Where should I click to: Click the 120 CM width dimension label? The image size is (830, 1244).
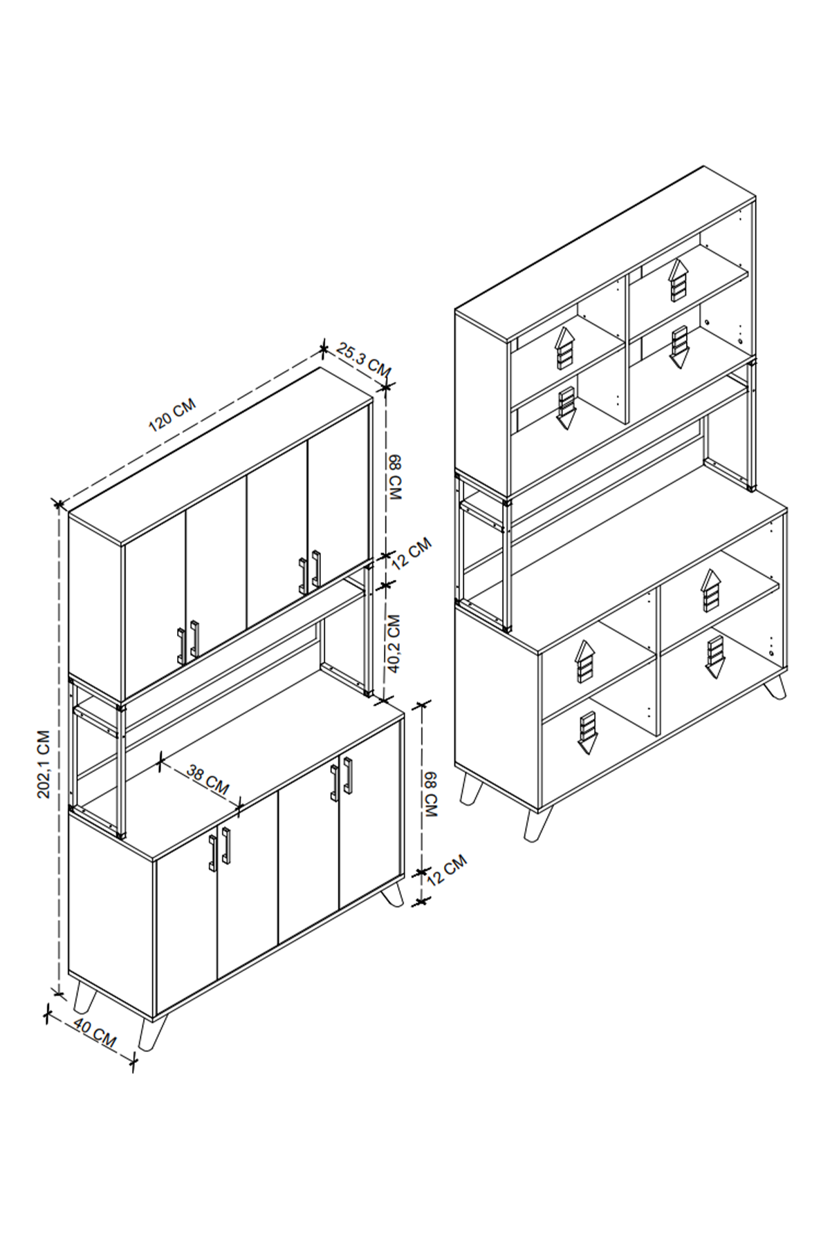click(172, 415)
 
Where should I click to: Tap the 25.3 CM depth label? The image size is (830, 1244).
click(365, 360)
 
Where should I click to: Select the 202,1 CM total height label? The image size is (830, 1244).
click(44, 764)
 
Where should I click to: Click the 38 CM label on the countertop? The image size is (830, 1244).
click(207, 779)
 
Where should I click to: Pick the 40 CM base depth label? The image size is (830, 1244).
click(95, 1035)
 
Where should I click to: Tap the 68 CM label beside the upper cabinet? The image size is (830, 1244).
click(395, 478)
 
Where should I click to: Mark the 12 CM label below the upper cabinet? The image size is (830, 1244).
click(412, 553)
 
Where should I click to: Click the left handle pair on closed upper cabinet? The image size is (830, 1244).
click(188, 643)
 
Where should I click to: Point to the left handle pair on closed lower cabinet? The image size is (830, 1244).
click(220, 849)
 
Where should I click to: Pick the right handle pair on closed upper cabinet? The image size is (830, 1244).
click(310, 572)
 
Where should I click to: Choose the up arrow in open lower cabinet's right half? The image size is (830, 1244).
click(710, 591)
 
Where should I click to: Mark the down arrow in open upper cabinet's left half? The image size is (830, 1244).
click(566, 408)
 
